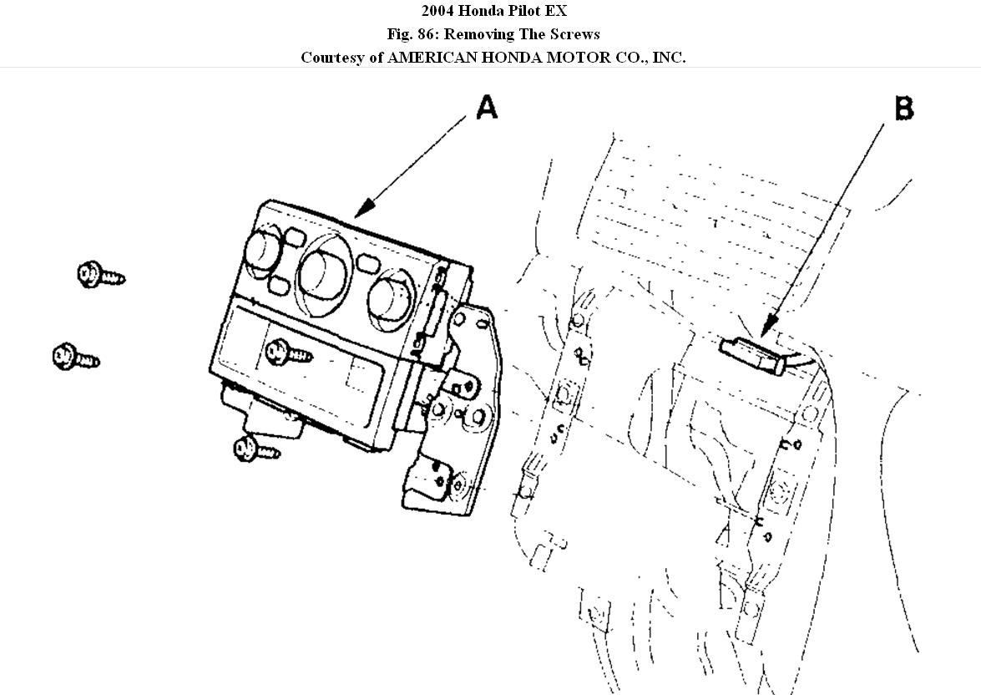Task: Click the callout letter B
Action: (x=903, y=109)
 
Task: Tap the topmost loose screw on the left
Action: (x=99, y=274)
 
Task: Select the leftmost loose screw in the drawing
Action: (x=74, y=358)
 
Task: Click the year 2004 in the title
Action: (x=437, y=11)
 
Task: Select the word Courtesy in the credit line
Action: (x=331, y=58)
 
